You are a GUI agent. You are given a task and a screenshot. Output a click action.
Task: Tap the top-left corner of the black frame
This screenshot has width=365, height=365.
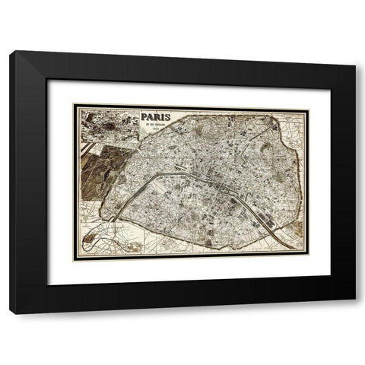11,52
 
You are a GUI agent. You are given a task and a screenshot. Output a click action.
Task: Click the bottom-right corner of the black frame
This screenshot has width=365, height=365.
354,313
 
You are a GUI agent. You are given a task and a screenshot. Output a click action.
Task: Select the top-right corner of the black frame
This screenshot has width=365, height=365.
354,52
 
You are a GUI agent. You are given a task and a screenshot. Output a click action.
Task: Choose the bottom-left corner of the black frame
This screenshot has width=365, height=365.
11,313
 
